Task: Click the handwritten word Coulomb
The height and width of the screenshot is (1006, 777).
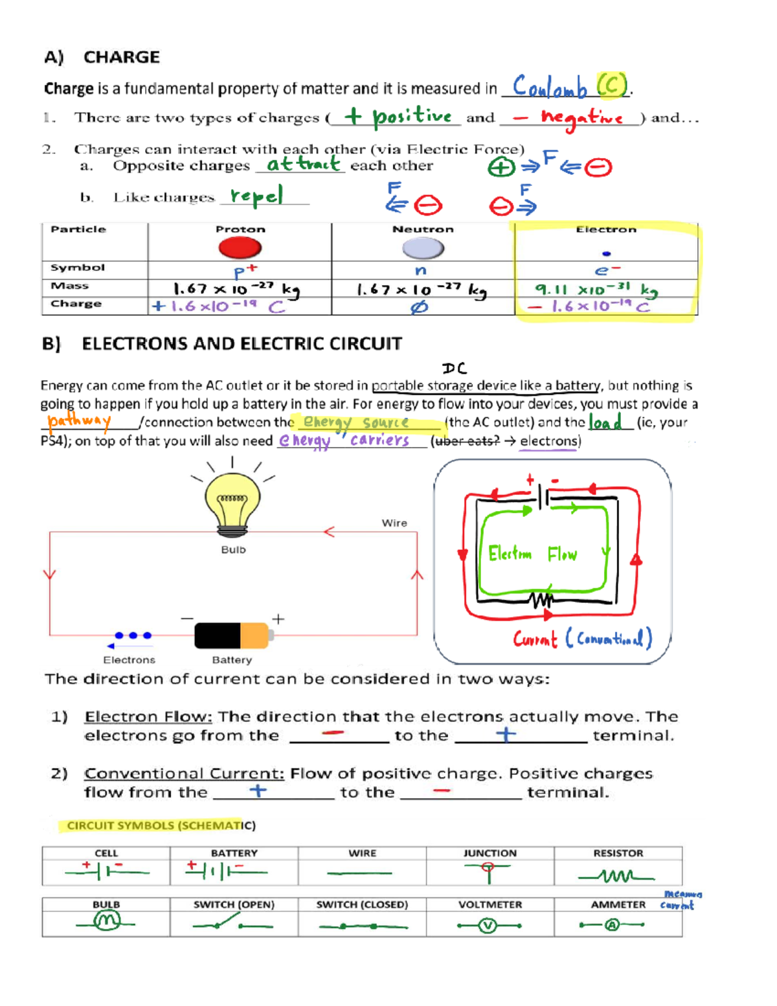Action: point(549,87)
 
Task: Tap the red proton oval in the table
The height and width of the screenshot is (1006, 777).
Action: point(240,247)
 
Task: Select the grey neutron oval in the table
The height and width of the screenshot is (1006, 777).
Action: point(423,247)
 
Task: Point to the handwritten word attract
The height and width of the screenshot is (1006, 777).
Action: point(302,164)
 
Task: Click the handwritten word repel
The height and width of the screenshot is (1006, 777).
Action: point(256,196)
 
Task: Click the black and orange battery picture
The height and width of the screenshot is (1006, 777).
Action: point(231,635)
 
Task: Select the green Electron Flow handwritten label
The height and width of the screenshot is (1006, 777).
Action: point(532,554)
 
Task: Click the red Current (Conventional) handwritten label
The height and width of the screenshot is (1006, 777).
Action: point(581,639)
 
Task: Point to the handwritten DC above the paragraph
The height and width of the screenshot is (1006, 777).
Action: point(455,369)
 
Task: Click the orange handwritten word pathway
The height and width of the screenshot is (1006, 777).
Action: point(79,421)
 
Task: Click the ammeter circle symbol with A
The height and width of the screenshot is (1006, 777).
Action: point(612,925)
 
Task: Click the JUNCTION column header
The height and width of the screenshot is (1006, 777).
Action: point(490,853)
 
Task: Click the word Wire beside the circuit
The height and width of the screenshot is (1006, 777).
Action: point(394,523)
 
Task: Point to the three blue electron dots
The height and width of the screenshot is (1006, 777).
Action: point(133,635)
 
